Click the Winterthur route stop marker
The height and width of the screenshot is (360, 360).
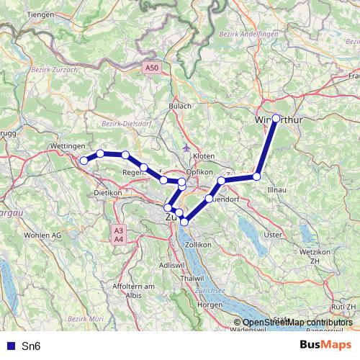pos(276,118)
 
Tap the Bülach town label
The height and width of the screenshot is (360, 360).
pos(180,106)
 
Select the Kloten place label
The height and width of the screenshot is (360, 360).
pos(204,156)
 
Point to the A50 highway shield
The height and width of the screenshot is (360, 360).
pos(150,68)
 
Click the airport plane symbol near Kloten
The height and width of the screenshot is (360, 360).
pos(187,148)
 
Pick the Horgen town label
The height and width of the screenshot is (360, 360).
pos(210,305)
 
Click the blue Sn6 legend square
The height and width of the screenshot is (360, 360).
pos(10,346)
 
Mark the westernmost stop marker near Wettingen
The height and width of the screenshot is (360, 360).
pos(84,160)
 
